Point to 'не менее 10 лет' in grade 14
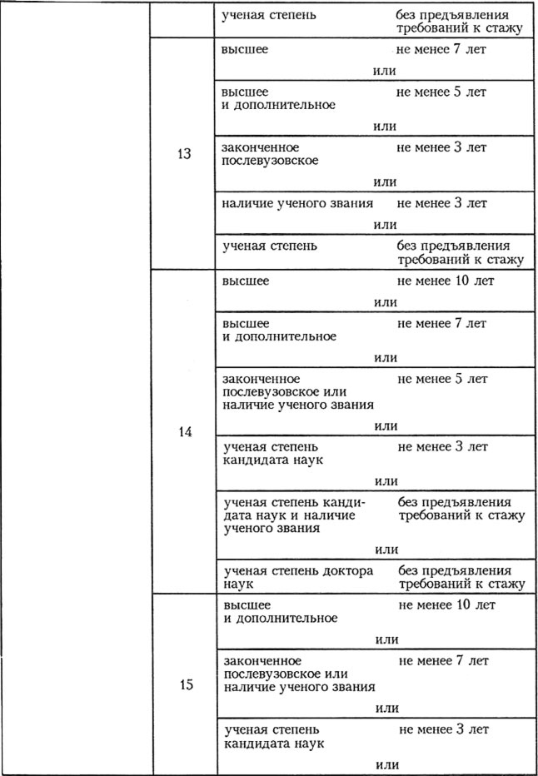pos(446,281)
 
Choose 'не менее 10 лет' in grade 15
pos(446,604)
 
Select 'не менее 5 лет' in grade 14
pos(443,379)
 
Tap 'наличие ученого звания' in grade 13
pos(296,203)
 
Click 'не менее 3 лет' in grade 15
pos(443,729)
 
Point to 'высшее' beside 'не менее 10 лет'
pos(246,281)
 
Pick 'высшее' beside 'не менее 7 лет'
pos(245,50)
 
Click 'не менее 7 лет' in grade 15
pos(443,660)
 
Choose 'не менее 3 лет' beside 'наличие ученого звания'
pos(441,203)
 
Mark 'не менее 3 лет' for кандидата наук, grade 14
pos(443,447)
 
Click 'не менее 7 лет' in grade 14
pos(443,323)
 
